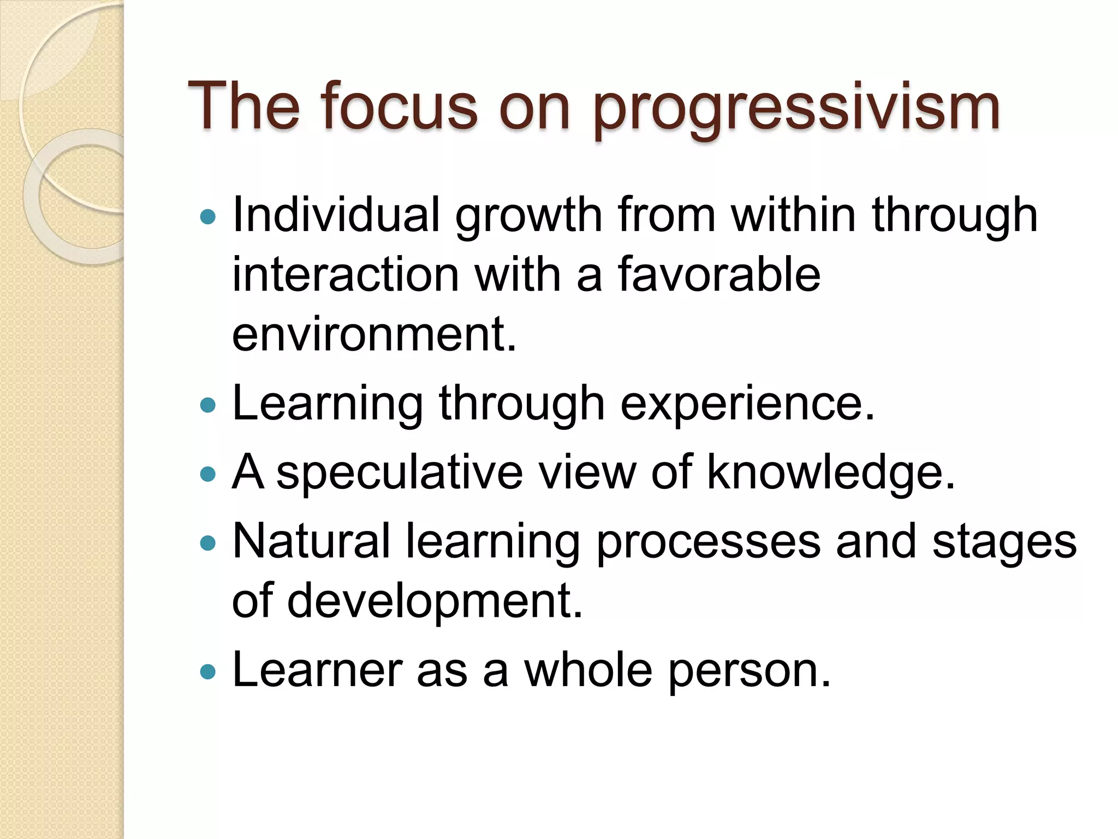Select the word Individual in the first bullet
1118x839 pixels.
click(x=336, y=215)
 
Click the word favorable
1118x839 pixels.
click(x=719, y=274)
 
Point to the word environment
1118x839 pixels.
click(x=374, y=334)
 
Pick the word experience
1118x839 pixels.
click(x=747, y=404)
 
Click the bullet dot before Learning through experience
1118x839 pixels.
click(x=208, y=405)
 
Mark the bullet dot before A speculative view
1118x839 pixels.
click(x=208, y=474)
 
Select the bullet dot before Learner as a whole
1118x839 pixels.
click(x=208, y=671)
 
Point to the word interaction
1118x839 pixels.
click(x=346, y=274)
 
